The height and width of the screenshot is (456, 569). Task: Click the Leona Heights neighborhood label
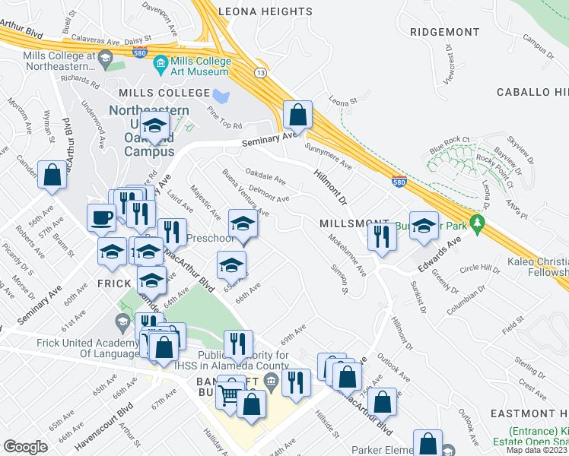point(265,11)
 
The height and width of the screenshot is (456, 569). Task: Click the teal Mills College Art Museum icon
point(161,63)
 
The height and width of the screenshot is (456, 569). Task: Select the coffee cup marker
point(102,219)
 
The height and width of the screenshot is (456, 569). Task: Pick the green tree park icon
point(478,224)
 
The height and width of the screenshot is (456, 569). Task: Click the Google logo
point(25,446)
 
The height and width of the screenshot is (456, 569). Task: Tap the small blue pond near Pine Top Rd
point(221,97)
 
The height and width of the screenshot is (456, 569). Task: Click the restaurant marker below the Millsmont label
point(380,236)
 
